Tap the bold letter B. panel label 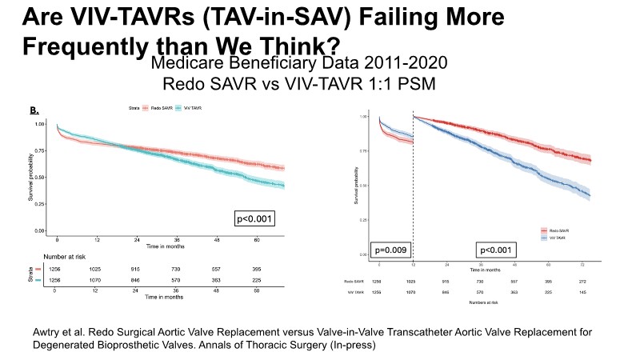tap(35, 109)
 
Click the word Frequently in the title tap(77, 46)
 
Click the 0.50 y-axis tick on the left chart tap(39, 178)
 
